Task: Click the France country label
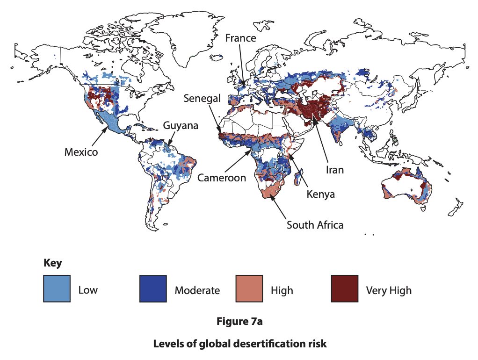tap(240, 38)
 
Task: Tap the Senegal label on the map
tap(202, 99)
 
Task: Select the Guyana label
tap(181, 125)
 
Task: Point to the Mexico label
tap(81, 152)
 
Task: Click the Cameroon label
tap(221, 178)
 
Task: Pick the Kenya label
tap(320, 194)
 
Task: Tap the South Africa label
tap(315, 225)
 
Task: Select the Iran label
tap(334, 170)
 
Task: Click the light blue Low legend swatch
tap(57, 289)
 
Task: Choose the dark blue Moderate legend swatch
tap(153, 289)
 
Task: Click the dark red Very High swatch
tap(345, 289)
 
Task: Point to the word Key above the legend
tap(52, 263)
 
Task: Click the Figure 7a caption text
tap(239, 322)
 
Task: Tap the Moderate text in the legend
tap(197, 290)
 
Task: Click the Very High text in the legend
tap(389, 290)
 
